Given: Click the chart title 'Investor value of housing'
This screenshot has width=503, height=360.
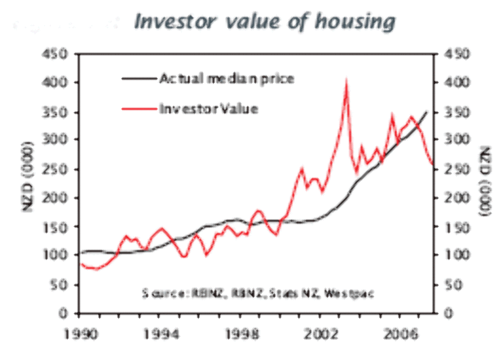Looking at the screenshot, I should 265,21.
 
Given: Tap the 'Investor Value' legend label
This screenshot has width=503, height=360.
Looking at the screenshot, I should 209,108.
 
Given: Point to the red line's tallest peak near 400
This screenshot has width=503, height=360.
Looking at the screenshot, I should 346,83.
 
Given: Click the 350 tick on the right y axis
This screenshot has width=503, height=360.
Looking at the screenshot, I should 454,112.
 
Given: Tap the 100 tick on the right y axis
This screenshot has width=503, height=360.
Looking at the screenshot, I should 454,255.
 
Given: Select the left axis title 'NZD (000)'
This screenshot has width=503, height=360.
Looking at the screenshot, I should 29,182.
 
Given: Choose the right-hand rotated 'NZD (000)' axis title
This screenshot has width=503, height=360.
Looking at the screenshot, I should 484,182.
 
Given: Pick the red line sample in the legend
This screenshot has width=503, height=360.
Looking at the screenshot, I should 138,108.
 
